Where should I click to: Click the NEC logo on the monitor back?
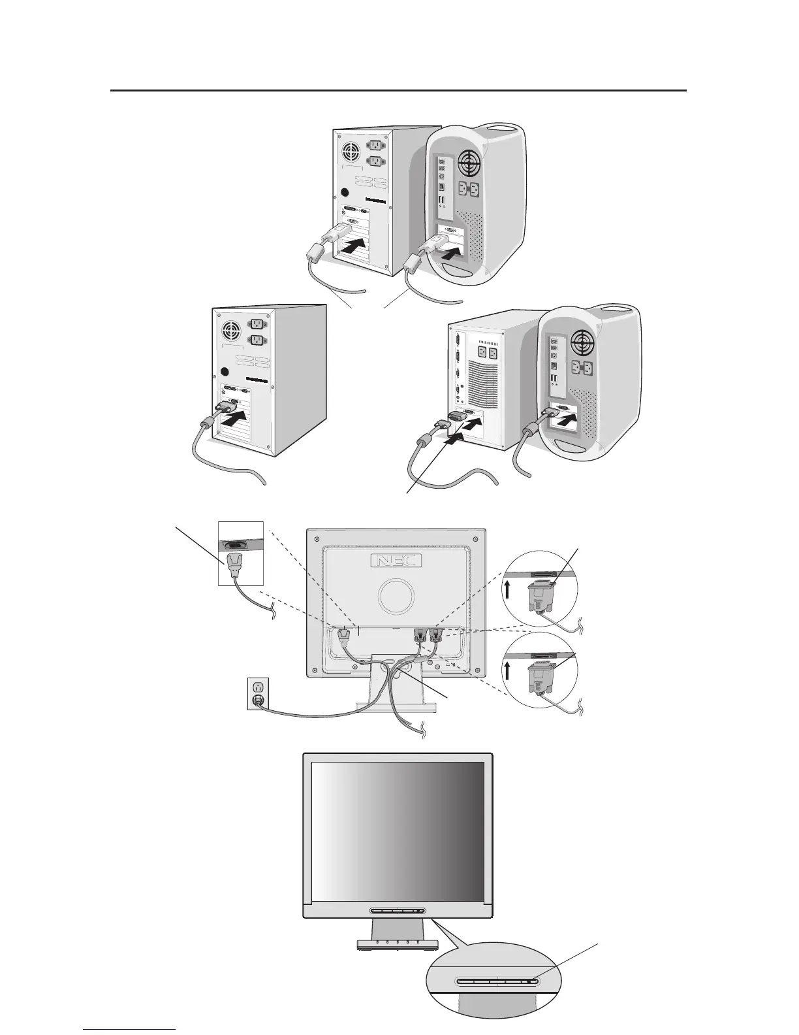[x=396, y=561]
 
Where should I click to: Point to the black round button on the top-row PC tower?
[x=345, y=194]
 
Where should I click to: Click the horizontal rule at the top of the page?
[x=398, y=91]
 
